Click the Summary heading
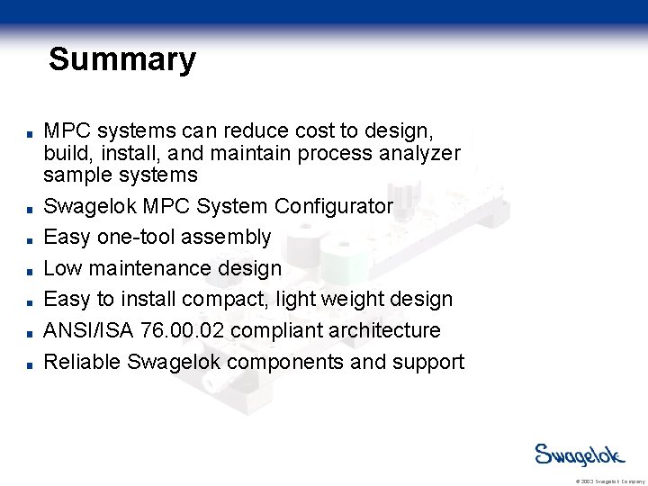121,59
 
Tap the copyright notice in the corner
608,481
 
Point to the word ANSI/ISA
90,331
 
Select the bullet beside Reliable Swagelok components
31,364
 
